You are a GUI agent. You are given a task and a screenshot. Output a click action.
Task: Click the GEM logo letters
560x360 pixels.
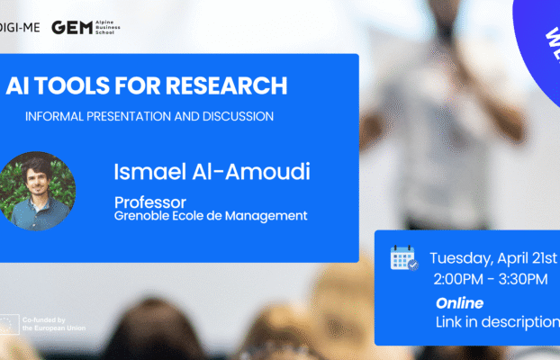point(70,27)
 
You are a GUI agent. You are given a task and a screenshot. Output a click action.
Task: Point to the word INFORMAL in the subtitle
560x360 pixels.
point(58,116)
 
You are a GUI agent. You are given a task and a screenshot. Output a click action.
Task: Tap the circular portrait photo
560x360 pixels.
point(38,191)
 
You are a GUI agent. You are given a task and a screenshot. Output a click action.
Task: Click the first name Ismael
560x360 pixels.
point(149,171)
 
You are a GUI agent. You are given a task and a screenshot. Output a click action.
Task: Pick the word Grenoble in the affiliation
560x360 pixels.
point(140,216)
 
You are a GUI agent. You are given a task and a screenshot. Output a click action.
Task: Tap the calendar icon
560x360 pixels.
point(403,258)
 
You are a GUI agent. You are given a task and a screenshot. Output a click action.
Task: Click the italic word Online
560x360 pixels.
point(459,303)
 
